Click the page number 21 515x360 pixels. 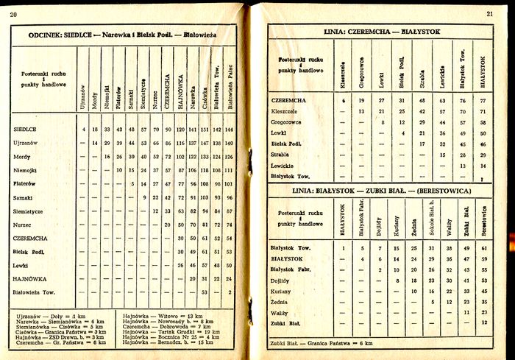coord(490,13)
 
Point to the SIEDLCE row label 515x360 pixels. coord(26,130)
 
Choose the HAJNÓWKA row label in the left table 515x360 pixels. coord(30,278)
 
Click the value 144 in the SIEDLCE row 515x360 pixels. coord(230,130)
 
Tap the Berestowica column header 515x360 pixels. coord(484,221)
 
